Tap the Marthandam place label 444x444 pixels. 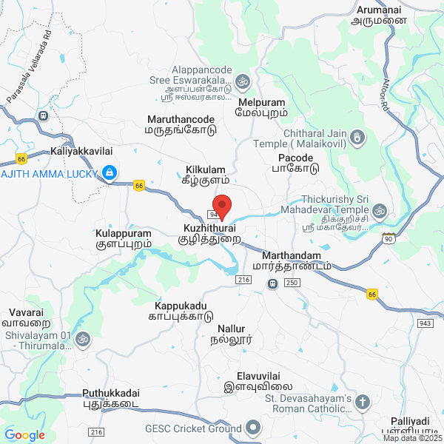tap(291, 256)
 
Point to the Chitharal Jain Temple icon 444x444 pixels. tap(358, 137)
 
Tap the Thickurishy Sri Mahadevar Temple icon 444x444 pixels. tap(380, 210)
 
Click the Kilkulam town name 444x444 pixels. tap(206, 169)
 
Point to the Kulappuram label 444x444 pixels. tap(124, 233)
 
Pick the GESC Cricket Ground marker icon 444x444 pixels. tap(253, 428)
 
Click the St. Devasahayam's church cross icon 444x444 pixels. tap(363, 403)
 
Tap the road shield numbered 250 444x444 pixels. tap(292, 283)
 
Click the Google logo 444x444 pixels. tap(24, 435)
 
